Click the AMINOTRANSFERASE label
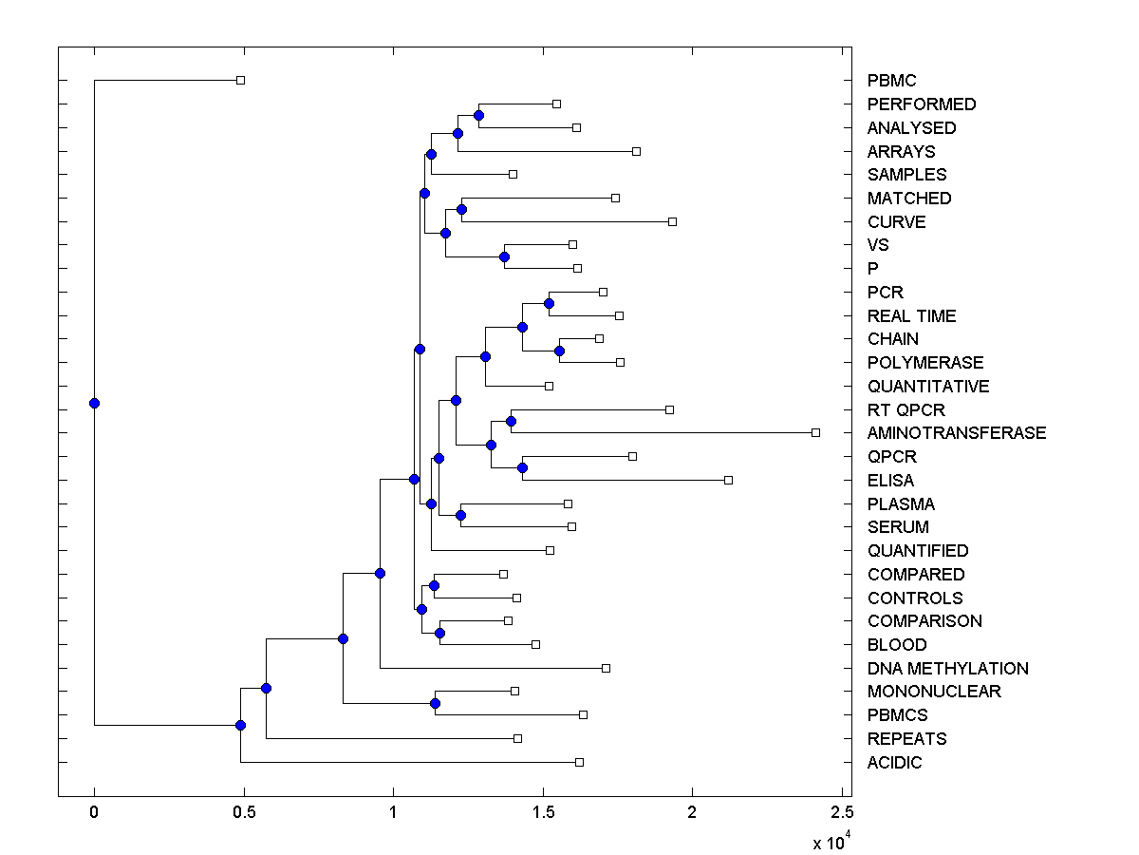956,433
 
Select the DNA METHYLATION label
947,669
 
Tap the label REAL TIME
911,316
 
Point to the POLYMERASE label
924,363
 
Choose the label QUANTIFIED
917,551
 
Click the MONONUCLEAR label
933,692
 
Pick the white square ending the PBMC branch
240,81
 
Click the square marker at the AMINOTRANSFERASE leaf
815,433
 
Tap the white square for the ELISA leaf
728,480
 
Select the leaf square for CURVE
672,221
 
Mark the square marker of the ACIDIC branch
579,762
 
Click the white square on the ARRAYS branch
636,151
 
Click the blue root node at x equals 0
94,403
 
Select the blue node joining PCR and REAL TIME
549,304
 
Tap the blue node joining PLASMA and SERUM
460,516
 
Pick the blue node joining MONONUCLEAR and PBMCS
435,703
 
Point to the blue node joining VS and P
504,256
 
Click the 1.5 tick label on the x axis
543,812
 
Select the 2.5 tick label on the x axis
842,812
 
